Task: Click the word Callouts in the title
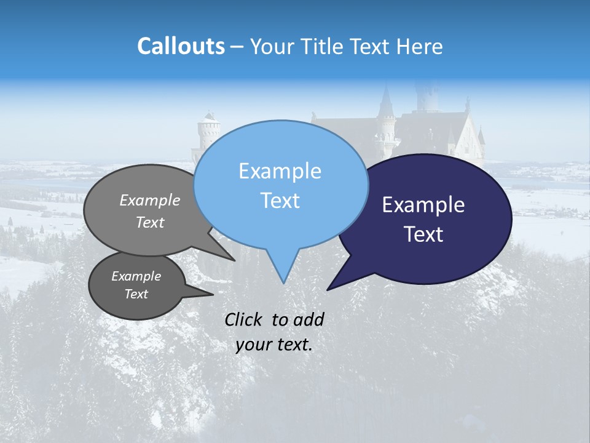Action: [181, 47]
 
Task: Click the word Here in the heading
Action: [420, 47]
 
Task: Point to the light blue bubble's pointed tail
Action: [283, 271]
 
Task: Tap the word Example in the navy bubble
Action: [423, 205]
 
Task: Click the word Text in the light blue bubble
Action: [280, 201]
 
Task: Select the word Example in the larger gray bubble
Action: [150, 200]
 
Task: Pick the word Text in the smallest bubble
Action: [136, 294]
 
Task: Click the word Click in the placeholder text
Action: [243, 319]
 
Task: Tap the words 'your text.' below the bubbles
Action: [274, 345]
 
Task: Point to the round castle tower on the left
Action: [208, 135]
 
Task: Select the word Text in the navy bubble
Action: [424, 234]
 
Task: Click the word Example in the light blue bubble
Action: [280, 171]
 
